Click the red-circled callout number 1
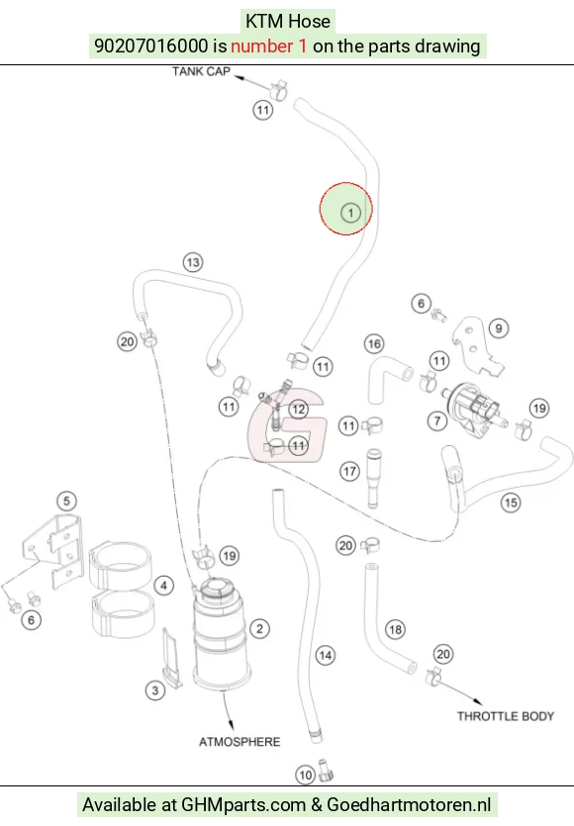click(350, 213)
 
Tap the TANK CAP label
click(201, 71)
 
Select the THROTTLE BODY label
click(506, 716)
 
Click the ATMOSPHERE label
click(239, 742)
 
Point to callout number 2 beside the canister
click(259, 628)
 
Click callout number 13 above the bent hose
click(193, 262)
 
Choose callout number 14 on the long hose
click(326, 655)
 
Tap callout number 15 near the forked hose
click(511, 503)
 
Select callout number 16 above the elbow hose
click(374, 344)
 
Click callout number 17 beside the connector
click(350, 471)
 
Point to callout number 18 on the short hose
click(395, 629)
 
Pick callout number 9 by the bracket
click(499, 328)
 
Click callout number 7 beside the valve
click(437, 420)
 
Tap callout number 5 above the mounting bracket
click(66, 501)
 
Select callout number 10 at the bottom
click(306, 775)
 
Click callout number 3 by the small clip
click(155, 690)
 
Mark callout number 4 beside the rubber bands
click(164, 586)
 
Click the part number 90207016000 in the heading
click(151, 46)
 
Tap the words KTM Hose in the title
click(288, 21)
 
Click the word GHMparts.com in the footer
click(243, 805)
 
